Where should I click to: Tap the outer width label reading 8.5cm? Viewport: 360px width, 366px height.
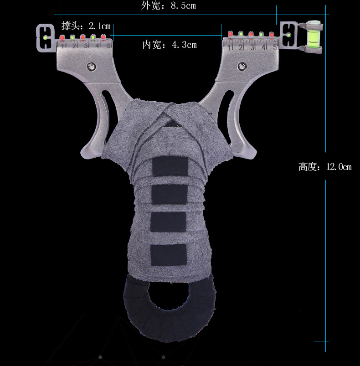pyautogui.click(x=168, y=5)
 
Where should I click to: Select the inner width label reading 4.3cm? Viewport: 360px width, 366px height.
pyautogui.click(x=170, y=44)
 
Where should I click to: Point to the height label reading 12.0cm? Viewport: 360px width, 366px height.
pyautogui.click(x=325, y=167)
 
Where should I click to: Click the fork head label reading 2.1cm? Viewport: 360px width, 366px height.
pyautogui.click(x=86, y=26)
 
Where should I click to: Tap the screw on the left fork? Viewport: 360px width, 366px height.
pyautogui.click(x=91, y=67)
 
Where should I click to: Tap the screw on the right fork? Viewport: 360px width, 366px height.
pyautogui.click(x=242, y=66)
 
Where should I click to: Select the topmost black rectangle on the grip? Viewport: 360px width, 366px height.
pyautogui.click(x=170, y=166)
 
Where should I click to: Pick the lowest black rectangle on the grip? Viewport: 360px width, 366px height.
pyautogui.click(x=169, y=255)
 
